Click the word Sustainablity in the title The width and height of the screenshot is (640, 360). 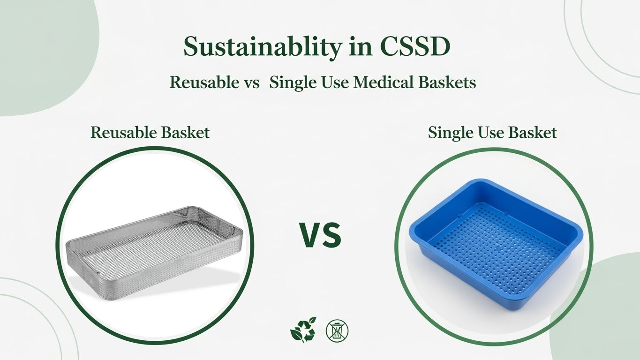pyautogui.click(x=256, y=47)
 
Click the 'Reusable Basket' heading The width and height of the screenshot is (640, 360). pyautogui.click(x=150, y=133)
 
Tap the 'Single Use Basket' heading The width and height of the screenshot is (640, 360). pyautogui.click(x=492, y=133)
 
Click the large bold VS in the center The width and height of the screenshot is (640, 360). pyautogui.click(x=320, y=236)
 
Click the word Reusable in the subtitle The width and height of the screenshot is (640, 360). pyautogui.click(x=204, y=82)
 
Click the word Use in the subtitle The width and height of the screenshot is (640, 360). pyautogui.click(x=331, y=82)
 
